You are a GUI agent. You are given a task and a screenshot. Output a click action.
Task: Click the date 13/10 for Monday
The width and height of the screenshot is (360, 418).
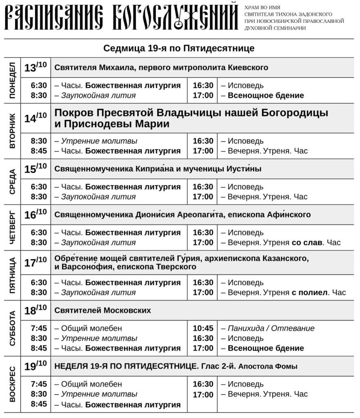[x=36, y=67]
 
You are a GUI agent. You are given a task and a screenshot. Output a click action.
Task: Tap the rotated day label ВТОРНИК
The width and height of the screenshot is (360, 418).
[x=12, y=130]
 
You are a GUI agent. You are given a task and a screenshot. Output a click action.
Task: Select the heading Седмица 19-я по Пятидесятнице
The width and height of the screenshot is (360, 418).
[x=179, y=49]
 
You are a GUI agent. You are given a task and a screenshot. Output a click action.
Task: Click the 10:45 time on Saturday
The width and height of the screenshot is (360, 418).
[x=203, y=329]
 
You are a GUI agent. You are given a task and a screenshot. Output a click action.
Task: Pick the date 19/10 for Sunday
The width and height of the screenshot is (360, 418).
[x=36, y=366]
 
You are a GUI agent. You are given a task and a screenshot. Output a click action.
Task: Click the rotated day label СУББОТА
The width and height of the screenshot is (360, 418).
[x=12, y=329]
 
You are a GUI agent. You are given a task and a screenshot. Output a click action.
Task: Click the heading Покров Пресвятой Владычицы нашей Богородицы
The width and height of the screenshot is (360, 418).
[x=191, y=113]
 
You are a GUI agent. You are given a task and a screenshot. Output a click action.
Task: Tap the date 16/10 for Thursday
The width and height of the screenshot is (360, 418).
[x=36, y=214]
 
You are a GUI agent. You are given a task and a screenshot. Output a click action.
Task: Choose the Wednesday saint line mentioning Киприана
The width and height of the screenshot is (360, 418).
[x=158, y=169]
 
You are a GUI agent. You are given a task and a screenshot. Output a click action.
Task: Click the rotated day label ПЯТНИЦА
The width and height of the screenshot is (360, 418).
[x=12, y=276]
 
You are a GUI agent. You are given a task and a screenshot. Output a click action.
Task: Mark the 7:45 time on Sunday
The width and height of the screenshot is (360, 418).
[x=39, y=384]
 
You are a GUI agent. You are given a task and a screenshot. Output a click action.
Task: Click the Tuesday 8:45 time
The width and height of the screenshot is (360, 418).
[x=39, y=151]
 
